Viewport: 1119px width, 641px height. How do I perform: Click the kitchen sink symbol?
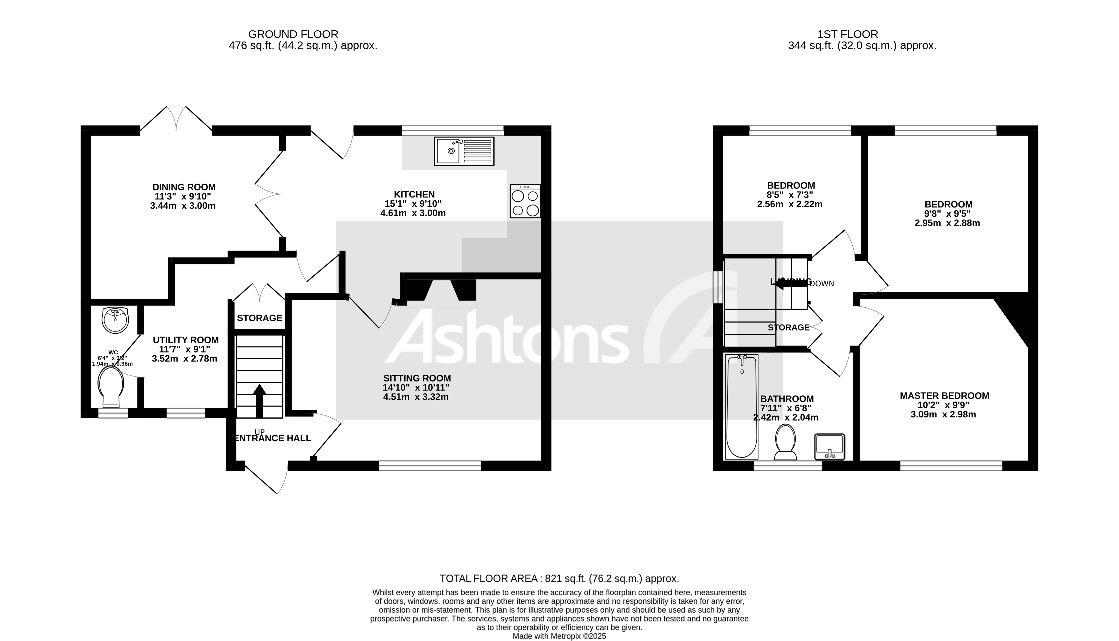click(464, 151)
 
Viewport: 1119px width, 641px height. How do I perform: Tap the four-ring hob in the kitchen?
click(525, 202)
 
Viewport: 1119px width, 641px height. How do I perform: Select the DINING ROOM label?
click(184, 187)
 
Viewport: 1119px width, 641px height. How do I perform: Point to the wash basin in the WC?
click(115, 320)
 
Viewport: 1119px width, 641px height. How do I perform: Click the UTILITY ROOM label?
click(185, 340)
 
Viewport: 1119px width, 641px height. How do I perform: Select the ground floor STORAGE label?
click(259, 318)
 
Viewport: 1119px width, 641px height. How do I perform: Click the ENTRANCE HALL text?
click(273, 438)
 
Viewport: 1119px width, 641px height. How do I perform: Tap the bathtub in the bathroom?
click(742, 407)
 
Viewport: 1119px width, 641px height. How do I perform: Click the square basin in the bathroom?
click(829, 446)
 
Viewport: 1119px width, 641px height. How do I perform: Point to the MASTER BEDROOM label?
click(944, 396)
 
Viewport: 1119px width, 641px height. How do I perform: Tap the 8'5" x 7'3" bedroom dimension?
click(790, 195)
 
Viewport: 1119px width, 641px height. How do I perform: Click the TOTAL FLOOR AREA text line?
click(559, 578)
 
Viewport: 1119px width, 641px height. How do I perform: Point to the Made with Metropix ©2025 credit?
click(559, 636)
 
